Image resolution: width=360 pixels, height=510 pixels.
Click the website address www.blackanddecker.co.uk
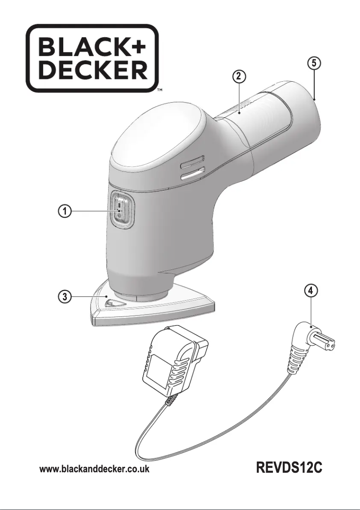(x=95, y=469)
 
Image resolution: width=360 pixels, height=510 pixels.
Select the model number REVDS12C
(x=290, y=468)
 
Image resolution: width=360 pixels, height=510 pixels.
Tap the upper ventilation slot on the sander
(x=192, y=159)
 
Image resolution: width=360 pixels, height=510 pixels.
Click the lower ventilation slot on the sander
(x=192, y=171)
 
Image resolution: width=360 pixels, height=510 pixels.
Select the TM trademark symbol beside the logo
(x=159, y=90)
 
